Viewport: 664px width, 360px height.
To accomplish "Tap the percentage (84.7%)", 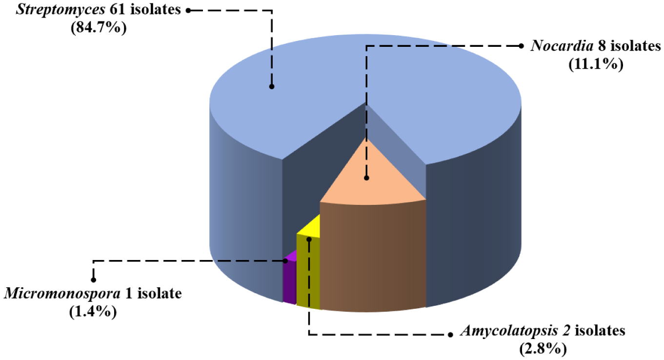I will coord(99,27).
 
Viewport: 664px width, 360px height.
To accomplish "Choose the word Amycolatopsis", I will coord(510,332).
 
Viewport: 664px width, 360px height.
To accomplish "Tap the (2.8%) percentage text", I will coord(543,349).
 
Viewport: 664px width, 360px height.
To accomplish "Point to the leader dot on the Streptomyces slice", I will coord(272,87).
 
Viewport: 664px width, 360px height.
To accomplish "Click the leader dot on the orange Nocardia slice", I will coord(366,178).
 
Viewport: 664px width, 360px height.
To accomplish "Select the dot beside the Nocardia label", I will coord(521,46).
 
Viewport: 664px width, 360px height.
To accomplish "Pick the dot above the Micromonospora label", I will coord(93,280).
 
